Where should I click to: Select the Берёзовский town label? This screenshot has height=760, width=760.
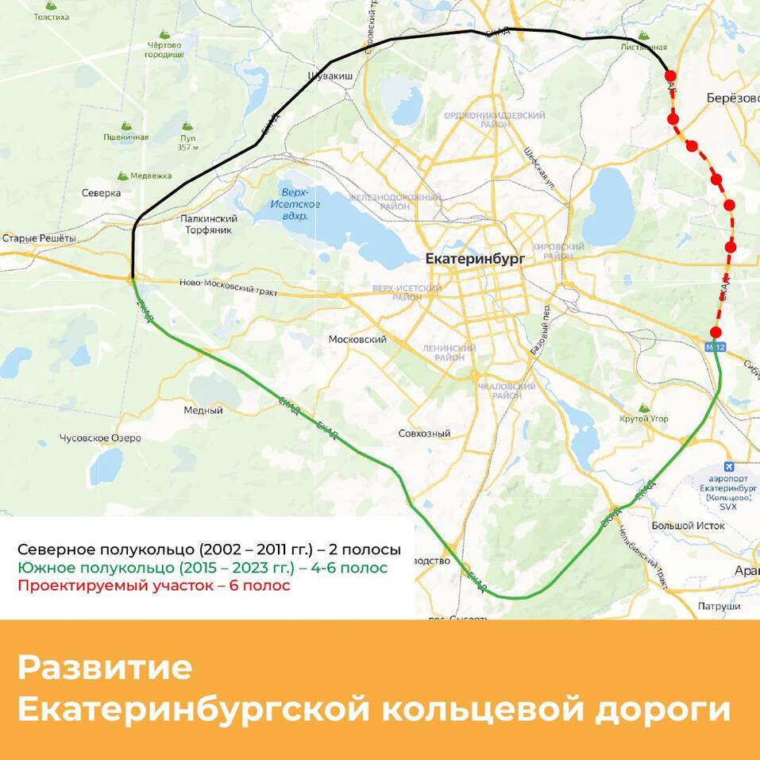(x=732, y=98)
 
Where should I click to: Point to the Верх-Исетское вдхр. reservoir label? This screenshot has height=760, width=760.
(x=299, y=199)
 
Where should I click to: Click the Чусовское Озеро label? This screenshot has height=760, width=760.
(x=100, y=438)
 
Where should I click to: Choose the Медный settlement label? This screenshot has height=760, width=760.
(x=203, y=411)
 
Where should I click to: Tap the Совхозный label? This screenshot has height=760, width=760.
(x=424, y=434)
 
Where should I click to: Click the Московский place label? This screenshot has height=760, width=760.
(x=357, y=339)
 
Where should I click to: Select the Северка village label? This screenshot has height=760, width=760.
(x=101, y=193)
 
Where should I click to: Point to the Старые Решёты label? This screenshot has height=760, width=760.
(x=39, y=238)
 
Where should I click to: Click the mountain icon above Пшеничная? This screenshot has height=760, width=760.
(x=125, y=125)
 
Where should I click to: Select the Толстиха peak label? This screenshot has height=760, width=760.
(x=52, y=17)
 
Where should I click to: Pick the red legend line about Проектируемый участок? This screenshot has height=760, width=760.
(x=154, y=586)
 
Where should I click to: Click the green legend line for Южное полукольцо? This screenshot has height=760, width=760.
(x=203, y=568)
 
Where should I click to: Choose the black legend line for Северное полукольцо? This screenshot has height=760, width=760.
(x=209, y=550)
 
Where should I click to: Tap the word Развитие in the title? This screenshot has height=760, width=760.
(x=105, y=668)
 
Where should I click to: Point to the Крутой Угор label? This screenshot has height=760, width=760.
(x=644, y=419)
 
